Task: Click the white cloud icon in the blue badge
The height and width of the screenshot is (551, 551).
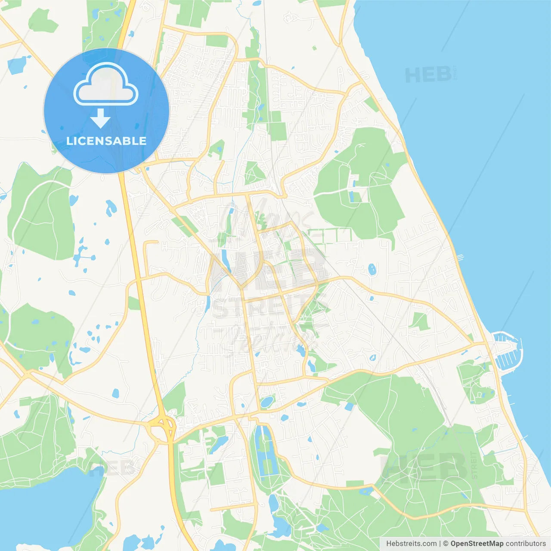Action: click(x=106, y=84)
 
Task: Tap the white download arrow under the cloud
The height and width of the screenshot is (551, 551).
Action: click(x=100, y=118)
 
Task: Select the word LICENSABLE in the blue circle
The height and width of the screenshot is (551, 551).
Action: click(x=106, y=141)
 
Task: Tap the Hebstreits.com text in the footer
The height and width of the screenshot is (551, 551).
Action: click(x=411, y=544)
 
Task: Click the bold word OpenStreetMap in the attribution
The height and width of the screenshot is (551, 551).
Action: click(x=477, y=544)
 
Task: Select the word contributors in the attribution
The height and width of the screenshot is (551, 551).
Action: click(x=526, y=544)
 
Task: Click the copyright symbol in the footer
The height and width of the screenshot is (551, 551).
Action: click(x=446, y=544)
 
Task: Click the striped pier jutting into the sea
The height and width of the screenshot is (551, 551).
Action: click(x=460, y=257)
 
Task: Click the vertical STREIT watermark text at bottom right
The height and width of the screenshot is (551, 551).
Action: click(x=474, y=465)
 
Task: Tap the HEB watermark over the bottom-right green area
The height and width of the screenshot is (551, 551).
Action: click(x=424, y=467)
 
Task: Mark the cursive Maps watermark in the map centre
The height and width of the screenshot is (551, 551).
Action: click(x=267, y=220)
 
